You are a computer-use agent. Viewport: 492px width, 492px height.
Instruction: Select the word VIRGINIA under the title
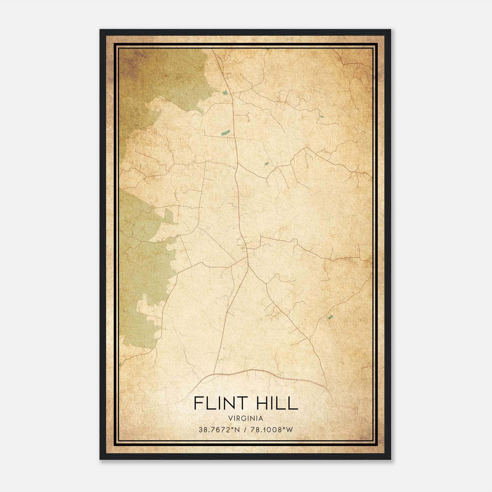tap(246, 418)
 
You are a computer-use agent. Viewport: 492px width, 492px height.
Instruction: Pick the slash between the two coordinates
tap(245, 430)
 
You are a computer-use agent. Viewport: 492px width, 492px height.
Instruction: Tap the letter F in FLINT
tap(198, 403)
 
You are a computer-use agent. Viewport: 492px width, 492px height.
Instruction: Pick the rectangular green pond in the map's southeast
tap(331, 317)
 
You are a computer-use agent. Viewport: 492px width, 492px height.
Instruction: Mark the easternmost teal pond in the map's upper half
tap(321, 116)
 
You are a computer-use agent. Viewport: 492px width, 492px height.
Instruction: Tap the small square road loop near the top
tap(229, 75)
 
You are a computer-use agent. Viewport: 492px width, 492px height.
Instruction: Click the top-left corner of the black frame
tap(101, 30)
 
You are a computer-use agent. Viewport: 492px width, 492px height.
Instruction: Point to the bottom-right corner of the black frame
tap(390, 459)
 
